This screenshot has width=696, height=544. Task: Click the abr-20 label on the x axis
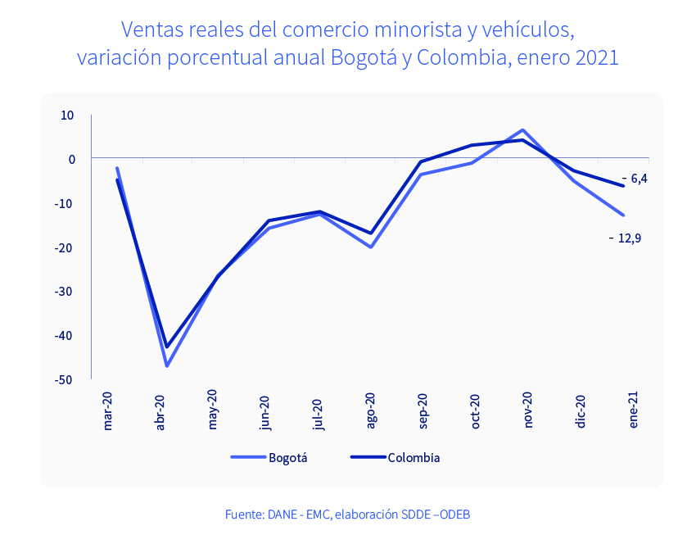click(160, 412)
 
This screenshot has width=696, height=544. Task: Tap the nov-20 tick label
click(528, 410)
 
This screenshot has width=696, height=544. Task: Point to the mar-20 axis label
click(108, 410)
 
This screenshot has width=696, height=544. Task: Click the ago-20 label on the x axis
click(371, 410)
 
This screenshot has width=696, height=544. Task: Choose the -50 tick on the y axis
click(62, 380)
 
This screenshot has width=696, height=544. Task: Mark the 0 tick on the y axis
click(71, 160)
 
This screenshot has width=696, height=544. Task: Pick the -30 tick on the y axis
click(62, 292)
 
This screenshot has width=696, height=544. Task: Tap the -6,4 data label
click(635, 179)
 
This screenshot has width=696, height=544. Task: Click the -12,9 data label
click(625, 238)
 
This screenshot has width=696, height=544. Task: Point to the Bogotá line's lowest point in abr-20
click(167, 365)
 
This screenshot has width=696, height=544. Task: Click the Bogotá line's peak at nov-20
click(523, 130)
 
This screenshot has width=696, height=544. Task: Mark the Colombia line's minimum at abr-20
click(167, 347)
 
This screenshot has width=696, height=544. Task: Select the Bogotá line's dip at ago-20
click(371, 247)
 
